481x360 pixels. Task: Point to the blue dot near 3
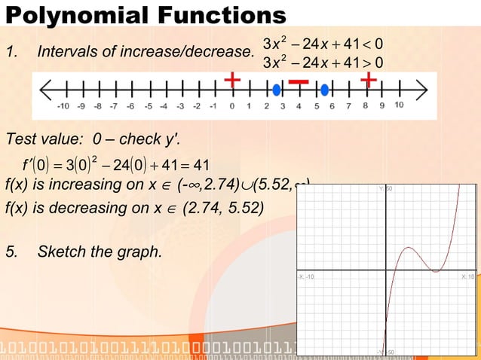[x=277, y=90]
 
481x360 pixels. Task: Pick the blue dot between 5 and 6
[x=324, y=90]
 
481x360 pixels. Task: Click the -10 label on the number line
[x=64, y=106]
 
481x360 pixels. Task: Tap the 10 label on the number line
[x=399, y=105]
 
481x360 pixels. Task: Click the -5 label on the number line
[x=148, y=106]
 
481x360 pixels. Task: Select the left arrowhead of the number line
[x=47, y=90]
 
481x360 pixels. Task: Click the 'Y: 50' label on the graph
[x=384, y=188]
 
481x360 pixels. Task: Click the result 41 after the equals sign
[x=201, y=165]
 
